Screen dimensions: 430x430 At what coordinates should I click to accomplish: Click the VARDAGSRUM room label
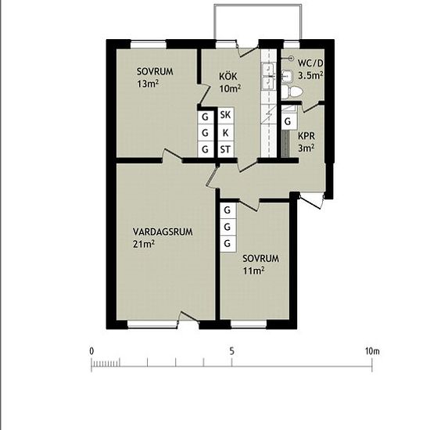(163, 232)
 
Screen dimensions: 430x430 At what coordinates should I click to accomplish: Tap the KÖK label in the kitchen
(228, 77)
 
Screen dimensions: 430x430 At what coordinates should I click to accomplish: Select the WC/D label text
(310, 63)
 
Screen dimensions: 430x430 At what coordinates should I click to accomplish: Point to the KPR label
(306, 136)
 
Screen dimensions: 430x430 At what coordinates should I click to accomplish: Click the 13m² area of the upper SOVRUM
(148, 84)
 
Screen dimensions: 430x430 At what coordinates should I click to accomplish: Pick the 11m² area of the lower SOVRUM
(253, 271)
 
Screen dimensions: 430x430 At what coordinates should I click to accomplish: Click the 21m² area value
(144, 243)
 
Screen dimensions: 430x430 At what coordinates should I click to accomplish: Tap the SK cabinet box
(226, 115)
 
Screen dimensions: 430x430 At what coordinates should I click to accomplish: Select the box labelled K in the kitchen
(226, 133)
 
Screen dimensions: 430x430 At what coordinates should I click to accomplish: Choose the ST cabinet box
(226, 150)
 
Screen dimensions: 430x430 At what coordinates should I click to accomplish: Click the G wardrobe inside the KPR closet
(288, 120)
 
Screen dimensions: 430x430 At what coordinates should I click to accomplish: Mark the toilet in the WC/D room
(292, 91)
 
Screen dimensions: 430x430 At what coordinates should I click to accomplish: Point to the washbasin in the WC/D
(287, 76)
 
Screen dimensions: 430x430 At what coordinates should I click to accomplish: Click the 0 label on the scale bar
(91, 351)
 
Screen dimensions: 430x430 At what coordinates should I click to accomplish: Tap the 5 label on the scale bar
(232, 351)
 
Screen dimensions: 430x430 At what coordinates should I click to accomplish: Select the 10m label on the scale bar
(372, 351)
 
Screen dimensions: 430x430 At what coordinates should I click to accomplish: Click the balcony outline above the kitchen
(258, 5)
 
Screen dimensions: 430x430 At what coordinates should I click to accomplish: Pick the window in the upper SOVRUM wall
(149, 44)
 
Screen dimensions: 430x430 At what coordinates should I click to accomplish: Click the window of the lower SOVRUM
(249, 324)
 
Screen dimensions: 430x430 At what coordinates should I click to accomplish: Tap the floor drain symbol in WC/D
(291, 58)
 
